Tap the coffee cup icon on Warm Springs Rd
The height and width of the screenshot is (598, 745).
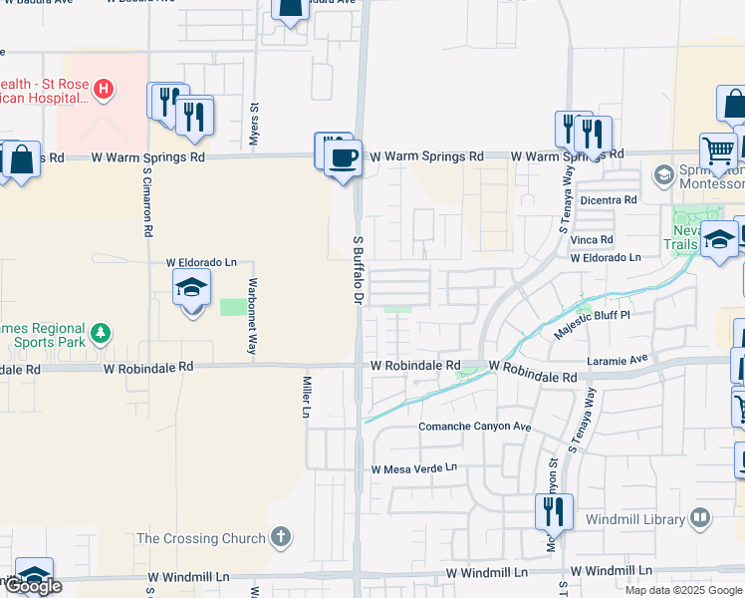tap(344, 158)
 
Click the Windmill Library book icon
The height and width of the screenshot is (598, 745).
tap(701, 518)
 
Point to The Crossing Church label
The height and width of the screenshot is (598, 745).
tap(201, 538)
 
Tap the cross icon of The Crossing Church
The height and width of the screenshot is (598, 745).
tap(282, 538)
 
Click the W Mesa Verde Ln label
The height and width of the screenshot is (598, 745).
tap(413, 467)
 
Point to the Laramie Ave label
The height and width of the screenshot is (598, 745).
tap(618, 357)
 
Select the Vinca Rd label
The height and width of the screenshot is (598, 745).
tap(593, 239)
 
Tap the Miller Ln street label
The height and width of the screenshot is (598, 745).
tap(307, 398)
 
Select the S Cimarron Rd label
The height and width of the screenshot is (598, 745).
tap(146, 199)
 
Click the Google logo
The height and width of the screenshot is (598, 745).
tap(33, 586)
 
